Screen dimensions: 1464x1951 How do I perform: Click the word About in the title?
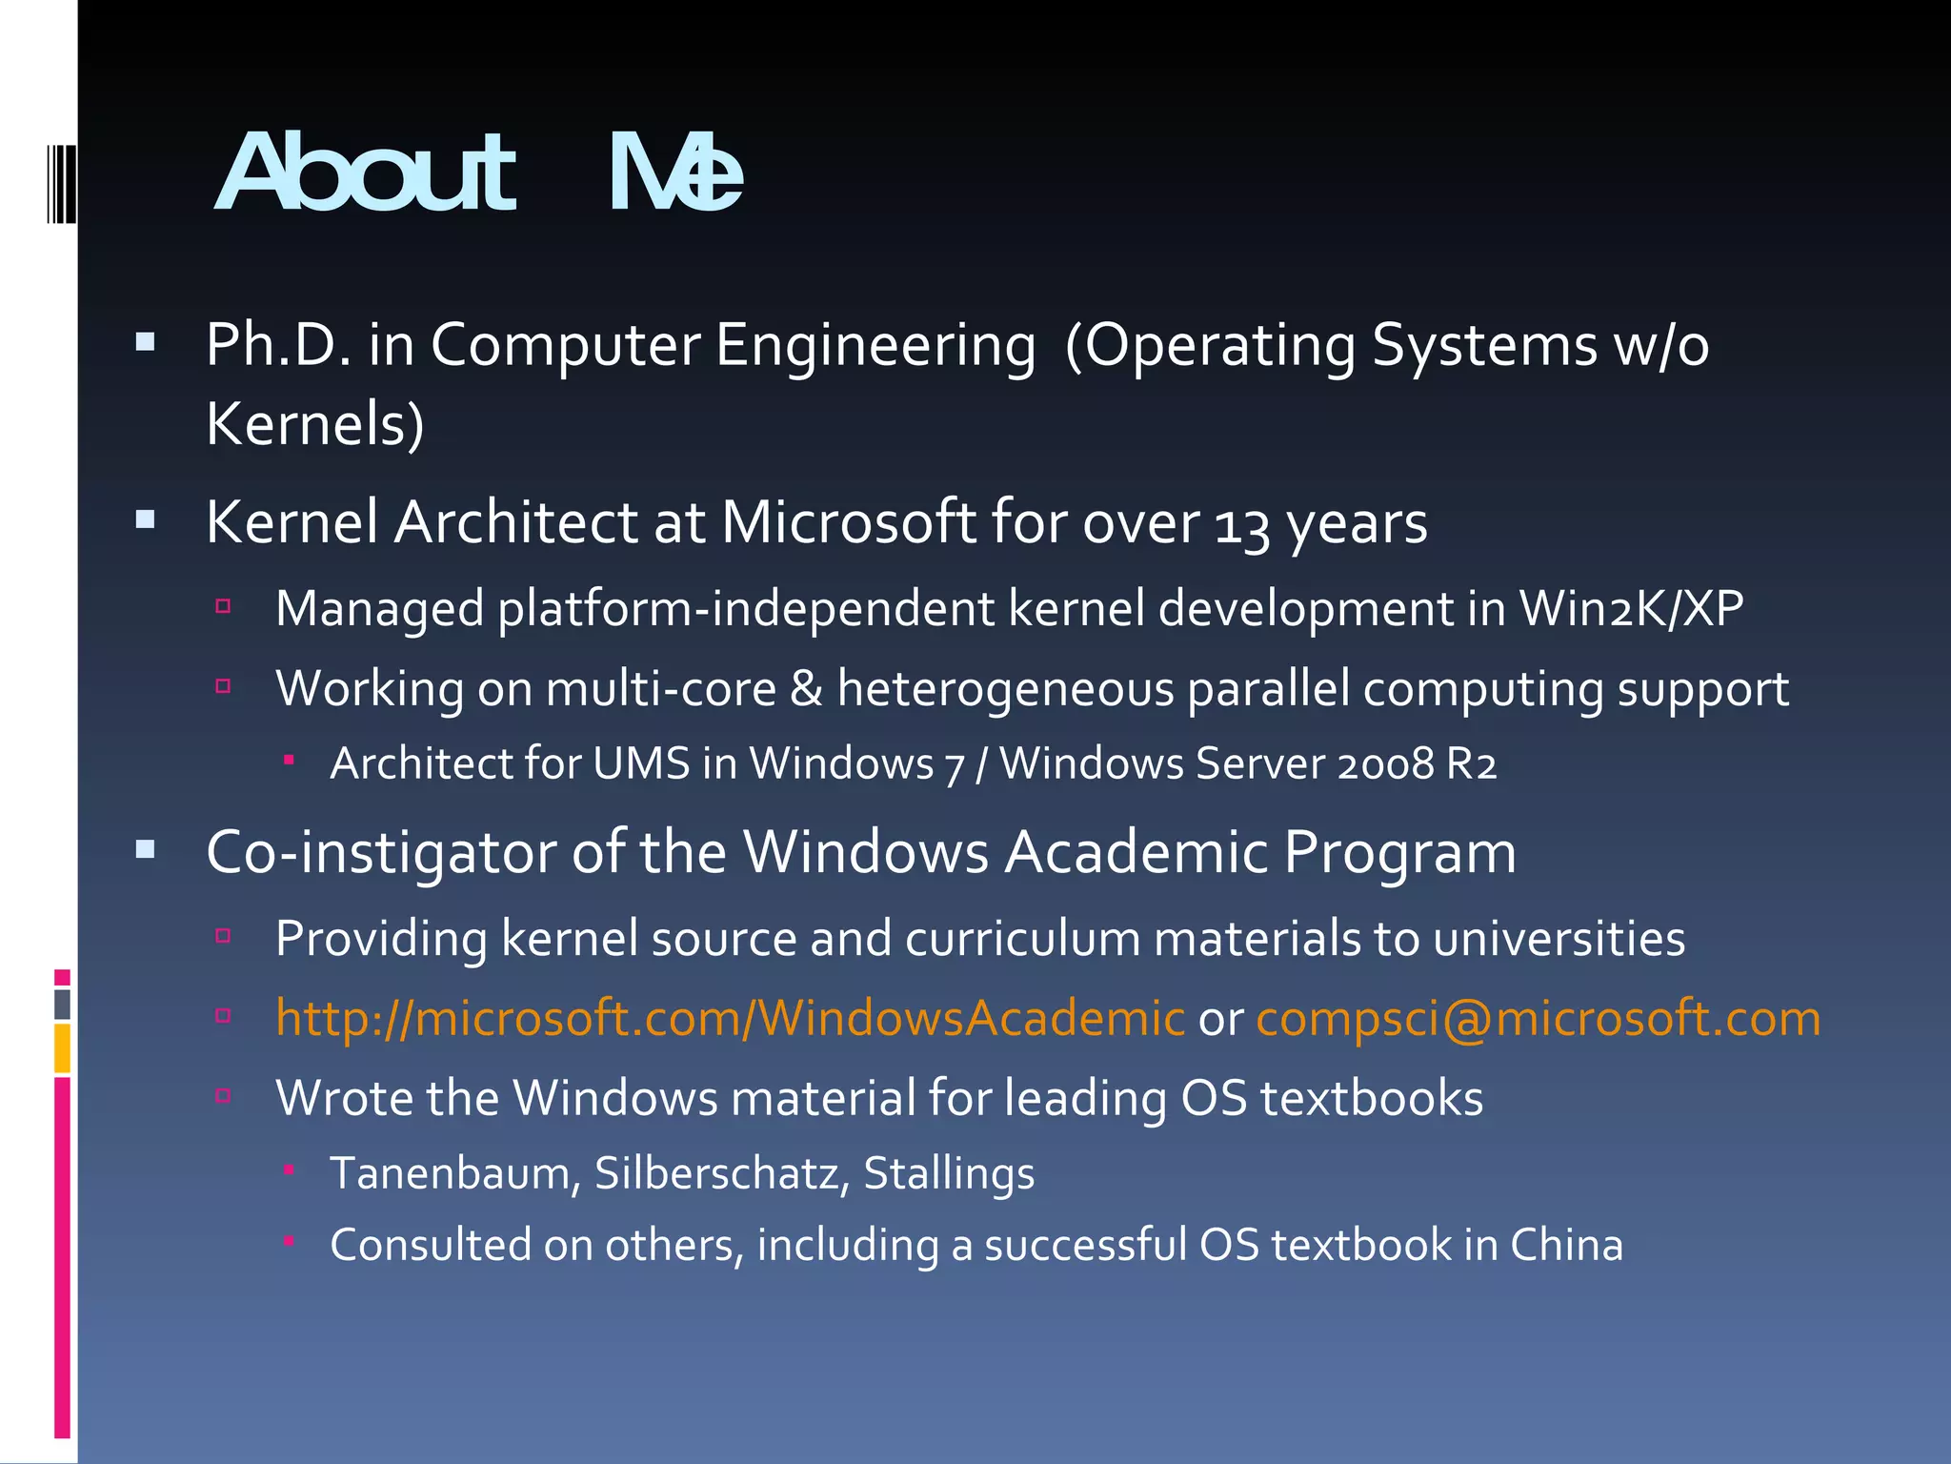click(x=366, y=173)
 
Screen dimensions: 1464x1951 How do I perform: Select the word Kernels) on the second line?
click(x=315, y=424)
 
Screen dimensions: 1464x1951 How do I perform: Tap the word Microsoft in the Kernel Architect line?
click(x=849, y=522)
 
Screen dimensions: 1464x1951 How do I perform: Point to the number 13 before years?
click(x=1242, y=525)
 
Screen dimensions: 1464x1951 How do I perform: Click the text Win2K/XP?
click(x=1631, y=608)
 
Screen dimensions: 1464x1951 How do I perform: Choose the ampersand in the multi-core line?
click(x=806, y=688)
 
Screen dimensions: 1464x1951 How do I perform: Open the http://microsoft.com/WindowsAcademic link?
click(x=730, y=1018)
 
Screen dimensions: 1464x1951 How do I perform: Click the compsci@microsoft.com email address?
click(x=1538, y=1018)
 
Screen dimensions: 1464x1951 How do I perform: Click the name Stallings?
click(x=948, y=1173)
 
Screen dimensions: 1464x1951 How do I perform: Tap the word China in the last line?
click(x=1565, y=1245)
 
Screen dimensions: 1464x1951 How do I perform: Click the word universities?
click(x=1559, y=939)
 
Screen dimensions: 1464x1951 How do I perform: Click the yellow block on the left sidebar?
click(x=62, y=1047)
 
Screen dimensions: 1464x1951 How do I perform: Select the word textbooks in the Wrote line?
click(x=1371, y=1098)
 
